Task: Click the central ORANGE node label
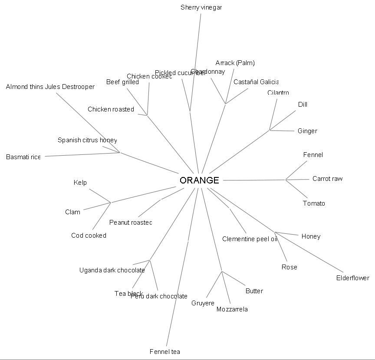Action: [199, 180]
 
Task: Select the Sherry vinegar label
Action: [201, 7]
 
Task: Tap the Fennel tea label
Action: [164, 352]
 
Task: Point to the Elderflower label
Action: [352, 278]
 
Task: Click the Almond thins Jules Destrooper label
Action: [50, 87]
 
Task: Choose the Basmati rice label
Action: [23, 157]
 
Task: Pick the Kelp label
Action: [80, 183]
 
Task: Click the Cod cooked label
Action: [89, 236]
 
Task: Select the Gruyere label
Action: [203, 303]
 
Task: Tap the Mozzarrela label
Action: [232, 309]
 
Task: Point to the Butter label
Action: [254, 291]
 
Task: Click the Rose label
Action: [289, 267]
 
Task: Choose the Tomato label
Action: [314, 203]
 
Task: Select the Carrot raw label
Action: [327, 179]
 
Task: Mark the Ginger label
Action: [307, 131]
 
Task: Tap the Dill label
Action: [303, 105]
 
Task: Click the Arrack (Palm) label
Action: [235, 63]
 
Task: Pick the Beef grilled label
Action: [122, 82]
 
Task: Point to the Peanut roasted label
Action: [131, 223]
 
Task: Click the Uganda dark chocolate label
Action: [112, 270]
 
